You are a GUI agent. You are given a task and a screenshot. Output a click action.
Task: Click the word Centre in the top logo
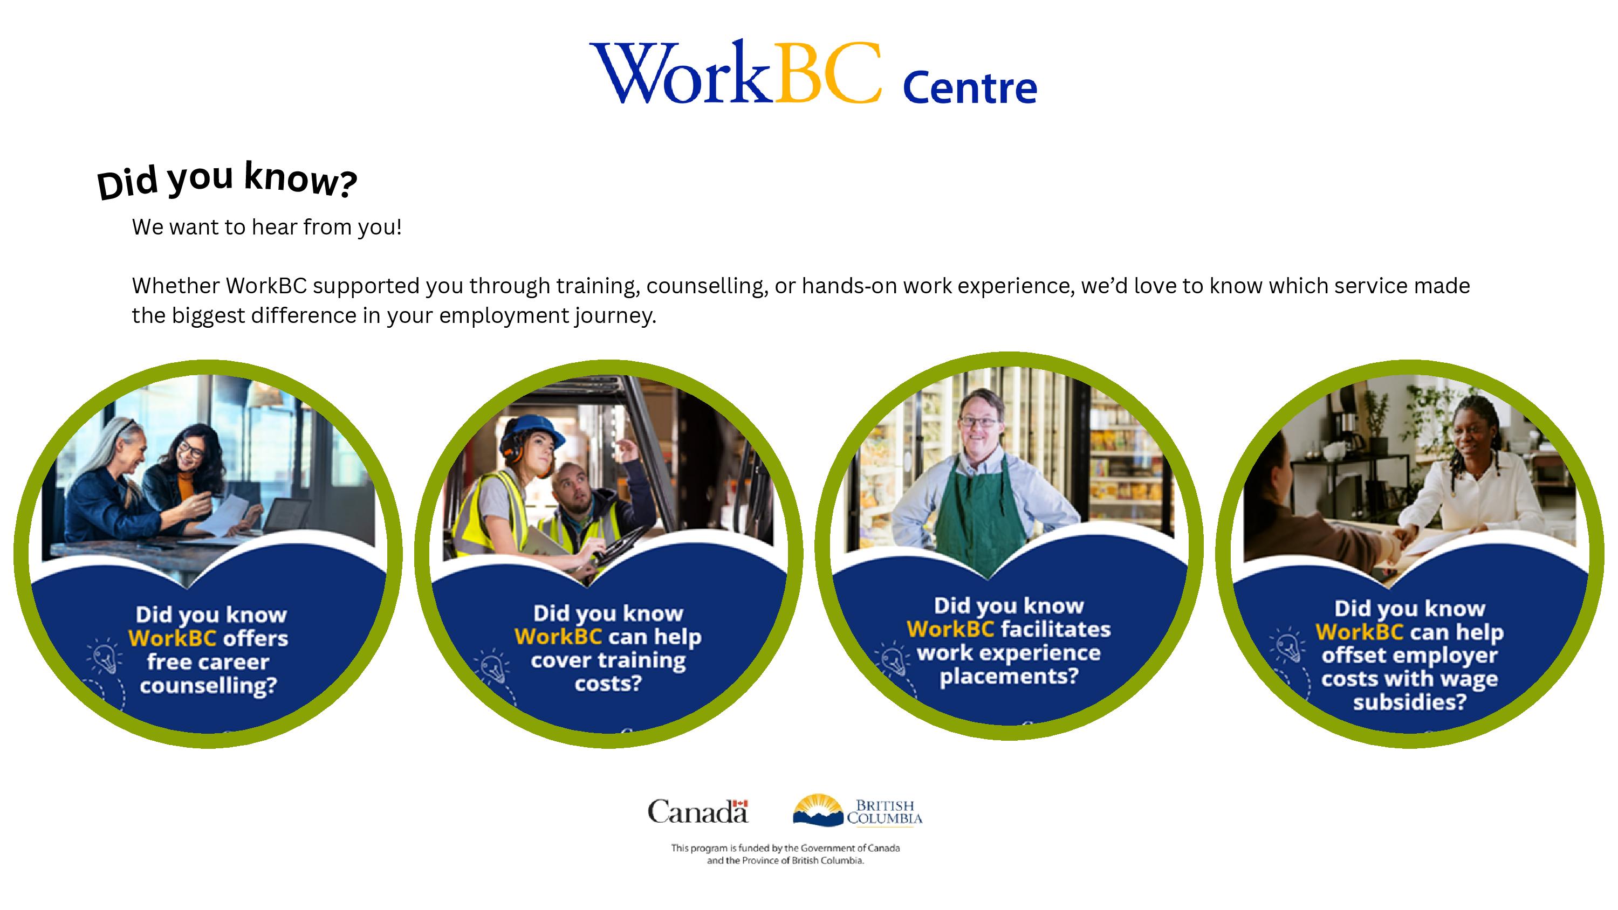[x=969, y=88]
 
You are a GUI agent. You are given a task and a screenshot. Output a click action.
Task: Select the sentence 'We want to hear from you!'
[x=266, y=227]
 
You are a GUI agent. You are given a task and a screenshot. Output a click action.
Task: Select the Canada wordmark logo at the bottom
[x=698, y=811]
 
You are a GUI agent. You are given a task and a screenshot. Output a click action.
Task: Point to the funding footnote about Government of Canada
[x=785, y=854]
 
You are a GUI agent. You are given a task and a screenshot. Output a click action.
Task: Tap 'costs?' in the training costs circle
[x=608, y=683]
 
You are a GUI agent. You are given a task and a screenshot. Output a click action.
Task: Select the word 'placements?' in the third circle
[x=1009, y=677]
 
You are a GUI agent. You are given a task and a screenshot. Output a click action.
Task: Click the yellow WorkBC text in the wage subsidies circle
[x=1359, y=632]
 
